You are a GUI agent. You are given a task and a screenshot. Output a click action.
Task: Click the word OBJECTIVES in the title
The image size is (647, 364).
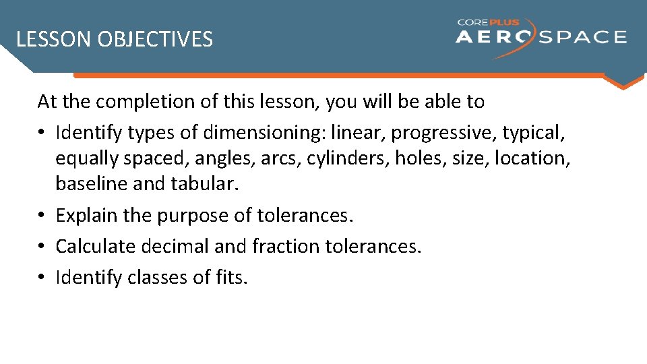[x=155, y=40]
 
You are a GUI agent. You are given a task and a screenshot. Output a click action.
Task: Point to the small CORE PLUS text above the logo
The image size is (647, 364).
[x=489, y=22]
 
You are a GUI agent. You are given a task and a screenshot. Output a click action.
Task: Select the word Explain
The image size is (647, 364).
[x=86, y=216]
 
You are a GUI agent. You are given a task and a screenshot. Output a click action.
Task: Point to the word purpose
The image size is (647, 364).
[x=193, y=216]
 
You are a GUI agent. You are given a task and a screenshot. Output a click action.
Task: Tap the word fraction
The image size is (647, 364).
[x=286, y=247]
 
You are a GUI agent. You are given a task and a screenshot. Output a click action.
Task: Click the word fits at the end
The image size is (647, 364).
[x=233, y=277]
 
